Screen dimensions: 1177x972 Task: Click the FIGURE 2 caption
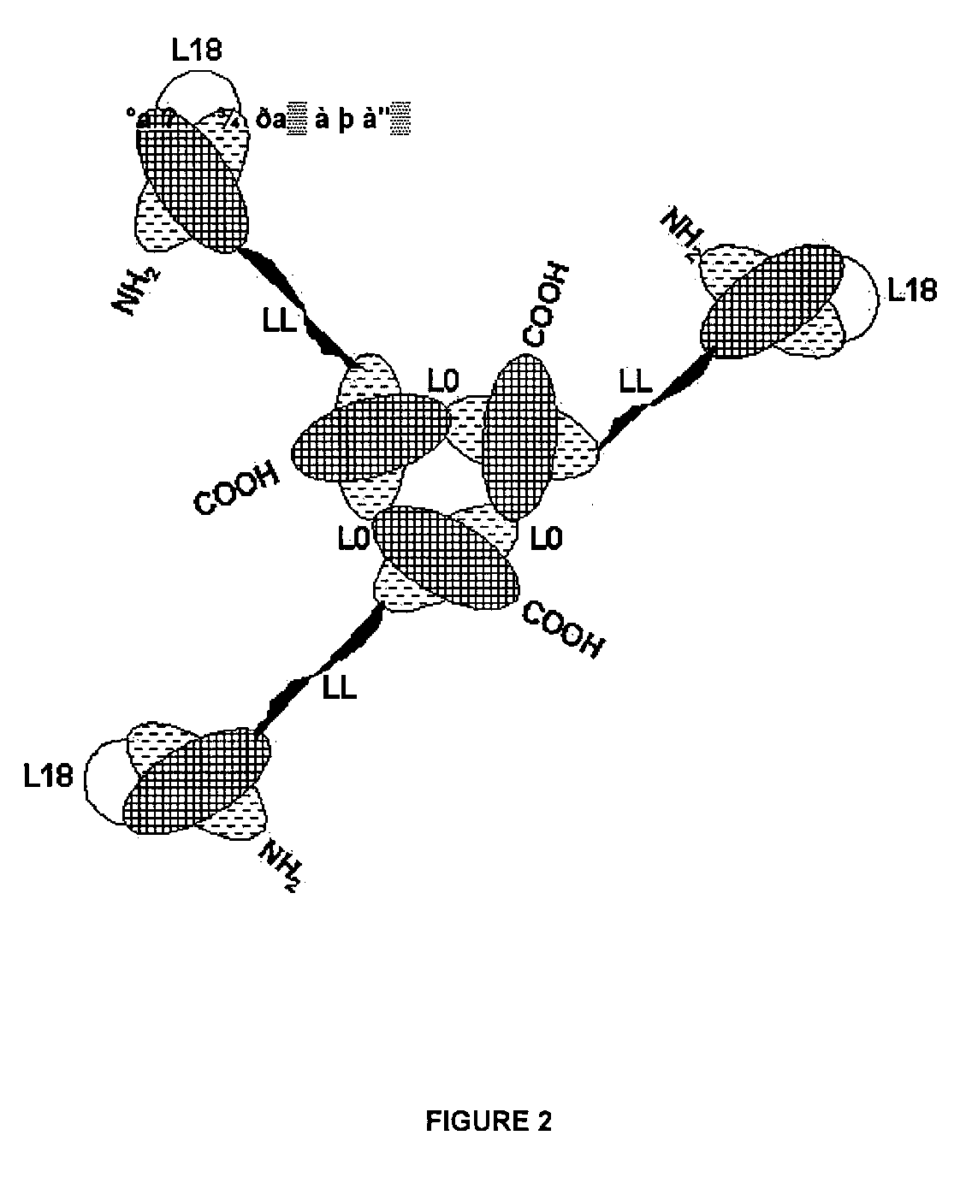coord(489,1121)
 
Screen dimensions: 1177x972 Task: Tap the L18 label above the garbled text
coord(196,50)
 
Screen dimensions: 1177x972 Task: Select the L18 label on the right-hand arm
coord(912,291)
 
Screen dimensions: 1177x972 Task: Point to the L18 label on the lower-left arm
coord(48,776)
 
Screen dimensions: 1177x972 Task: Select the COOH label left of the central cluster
coord(237,488)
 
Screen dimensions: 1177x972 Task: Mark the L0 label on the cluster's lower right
coord(547,539)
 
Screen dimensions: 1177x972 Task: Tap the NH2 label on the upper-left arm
coord(133,290)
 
